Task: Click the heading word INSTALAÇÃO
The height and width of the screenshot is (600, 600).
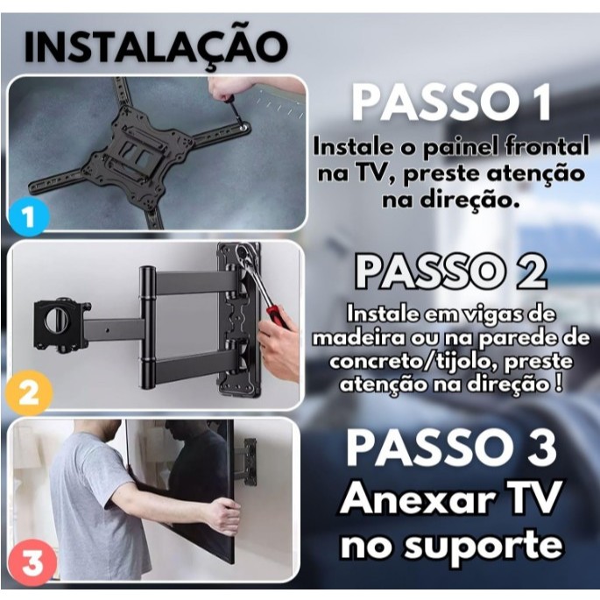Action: [x=156, y=48]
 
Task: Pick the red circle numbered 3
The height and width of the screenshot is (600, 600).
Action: [x=32, y=562]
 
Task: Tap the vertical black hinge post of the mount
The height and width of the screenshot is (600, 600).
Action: [x=147, y=328]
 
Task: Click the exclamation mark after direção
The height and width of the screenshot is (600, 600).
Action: [x=559, y=383]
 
